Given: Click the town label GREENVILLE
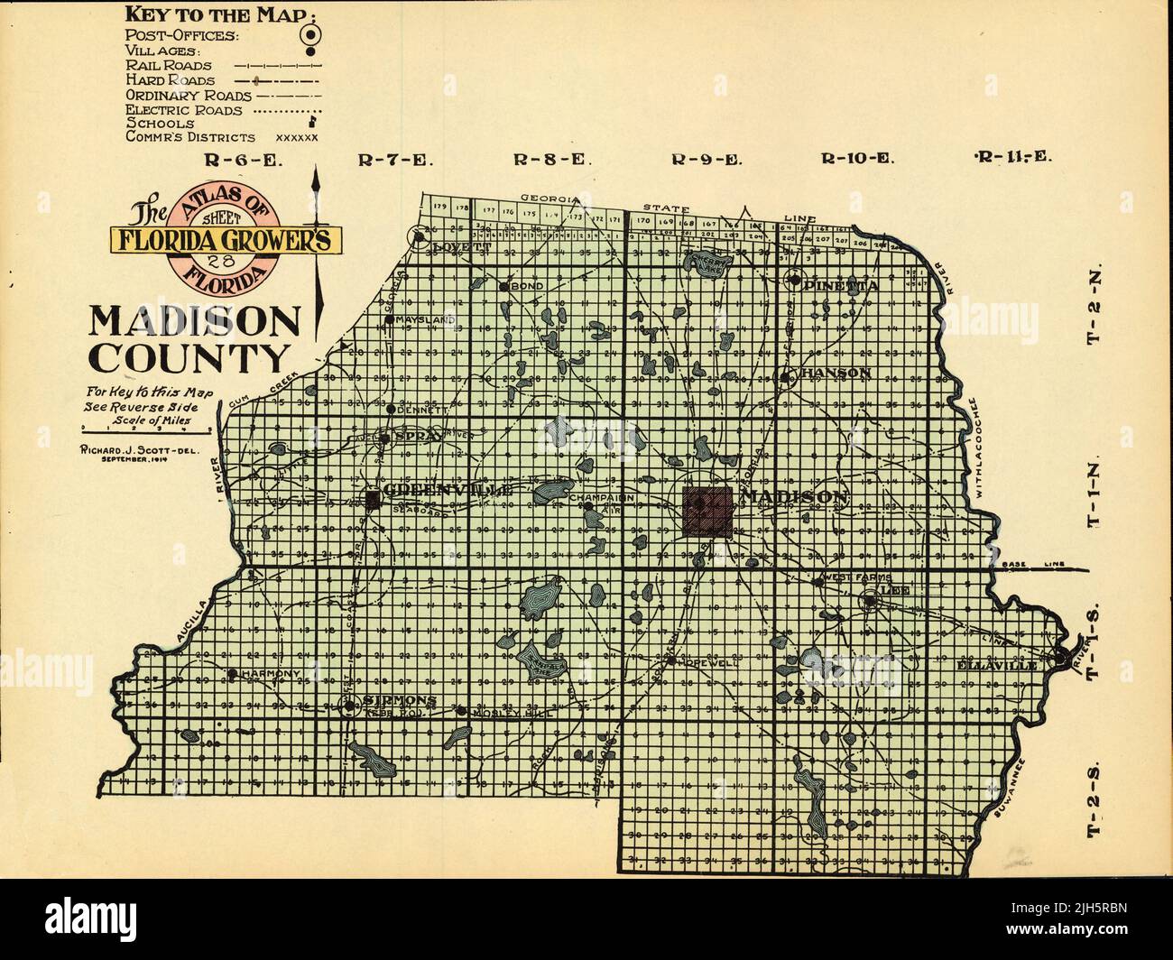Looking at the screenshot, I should tap(448, 491).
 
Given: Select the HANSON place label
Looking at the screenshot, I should tap(836, 373).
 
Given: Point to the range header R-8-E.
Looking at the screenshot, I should tap(553, 161).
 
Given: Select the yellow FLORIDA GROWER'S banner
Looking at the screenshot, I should tap(225, 238).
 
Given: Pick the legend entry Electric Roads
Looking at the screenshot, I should tap(184, 110).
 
